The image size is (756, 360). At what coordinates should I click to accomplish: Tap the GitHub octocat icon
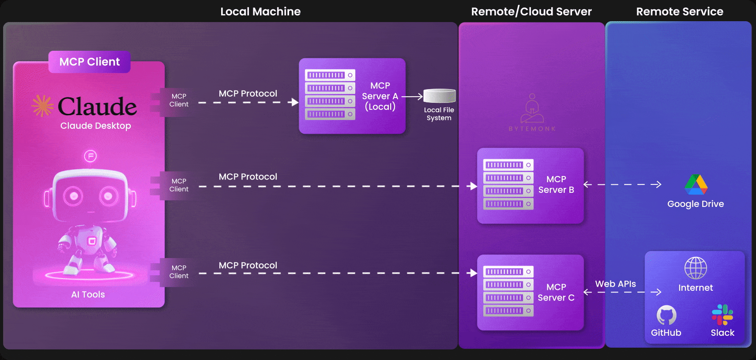(x=666, y=315)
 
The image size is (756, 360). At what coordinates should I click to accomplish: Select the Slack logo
(x=722, y=315)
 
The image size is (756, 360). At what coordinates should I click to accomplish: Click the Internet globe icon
(x=696, y=268)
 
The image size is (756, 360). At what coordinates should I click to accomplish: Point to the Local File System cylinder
(x=440, y=96)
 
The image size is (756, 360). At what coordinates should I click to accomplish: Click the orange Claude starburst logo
(x=42, y=105)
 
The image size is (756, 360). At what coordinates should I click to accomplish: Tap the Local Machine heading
(x=260, y=11)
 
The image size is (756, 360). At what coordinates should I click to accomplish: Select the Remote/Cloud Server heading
(x=531, y=11)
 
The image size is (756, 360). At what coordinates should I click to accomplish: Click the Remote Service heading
(x=680, y=11)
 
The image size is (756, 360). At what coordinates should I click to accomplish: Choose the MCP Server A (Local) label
(x=380, y=96)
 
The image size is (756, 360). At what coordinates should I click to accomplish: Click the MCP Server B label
(x=556, y=184)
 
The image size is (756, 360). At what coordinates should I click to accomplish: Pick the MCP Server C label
(x=556, y=292)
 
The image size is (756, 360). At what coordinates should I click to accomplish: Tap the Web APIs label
(x=615, y=284)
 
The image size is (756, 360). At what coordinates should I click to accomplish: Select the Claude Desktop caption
(x=95, y=126)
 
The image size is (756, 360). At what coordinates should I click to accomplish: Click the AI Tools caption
(x=88, y=295)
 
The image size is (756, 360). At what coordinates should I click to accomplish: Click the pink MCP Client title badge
(x=90, y=62)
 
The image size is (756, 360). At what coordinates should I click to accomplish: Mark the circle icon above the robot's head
(x=90, y=156)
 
